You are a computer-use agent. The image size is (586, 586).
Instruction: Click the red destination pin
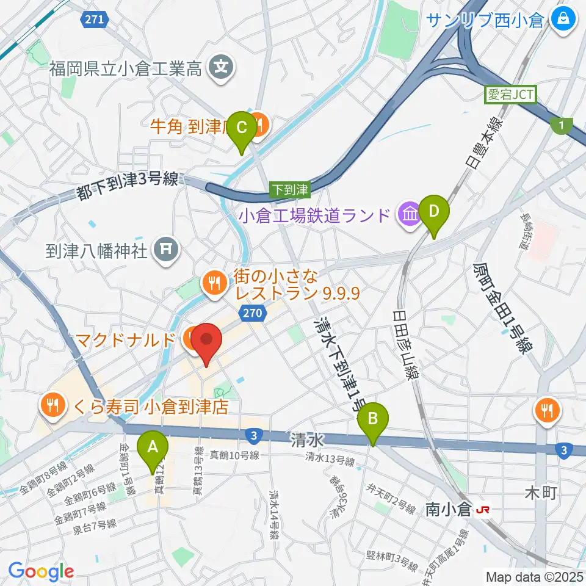[207, 343]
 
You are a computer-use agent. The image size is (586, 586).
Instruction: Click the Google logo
[41, 572]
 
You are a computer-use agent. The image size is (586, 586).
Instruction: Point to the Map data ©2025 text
[535, 576]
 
